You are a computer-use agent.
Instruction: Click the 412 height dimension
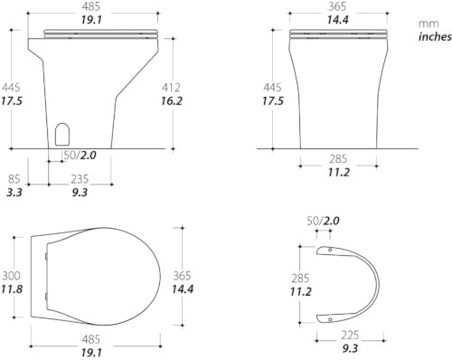171,88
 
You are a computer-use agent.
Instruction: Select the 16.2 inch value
171,101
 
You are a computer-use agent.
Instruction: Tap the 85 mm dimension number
14,179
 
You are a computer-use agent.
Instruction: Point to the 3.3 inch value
14,193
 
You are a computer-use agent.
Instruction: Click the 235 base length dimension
80,179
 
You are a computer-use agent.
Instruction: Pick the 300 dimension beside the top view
12,276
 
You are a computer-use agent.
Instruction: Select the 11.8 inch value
12,289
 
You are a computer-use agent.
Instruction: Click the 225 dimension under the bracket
350,335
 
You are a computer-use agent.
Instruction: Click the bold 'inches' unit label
435,37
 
